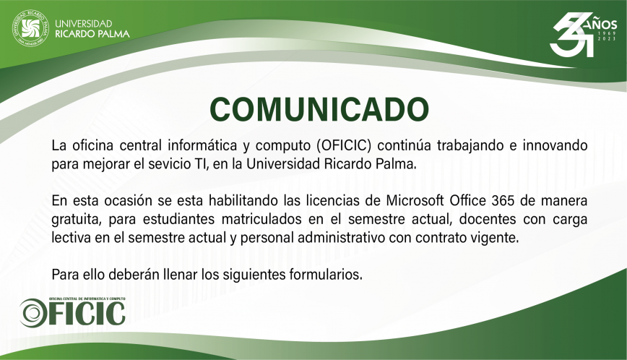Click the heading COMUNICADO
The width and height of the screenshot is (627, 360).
319,110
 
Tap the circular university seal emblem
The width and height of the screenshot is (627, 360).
30,28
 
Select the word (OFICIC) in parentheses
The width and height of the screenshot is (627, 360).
344,145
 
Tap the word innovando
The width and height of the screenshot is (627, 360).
555,145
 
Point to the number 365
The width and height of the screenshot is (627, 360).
503,200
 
